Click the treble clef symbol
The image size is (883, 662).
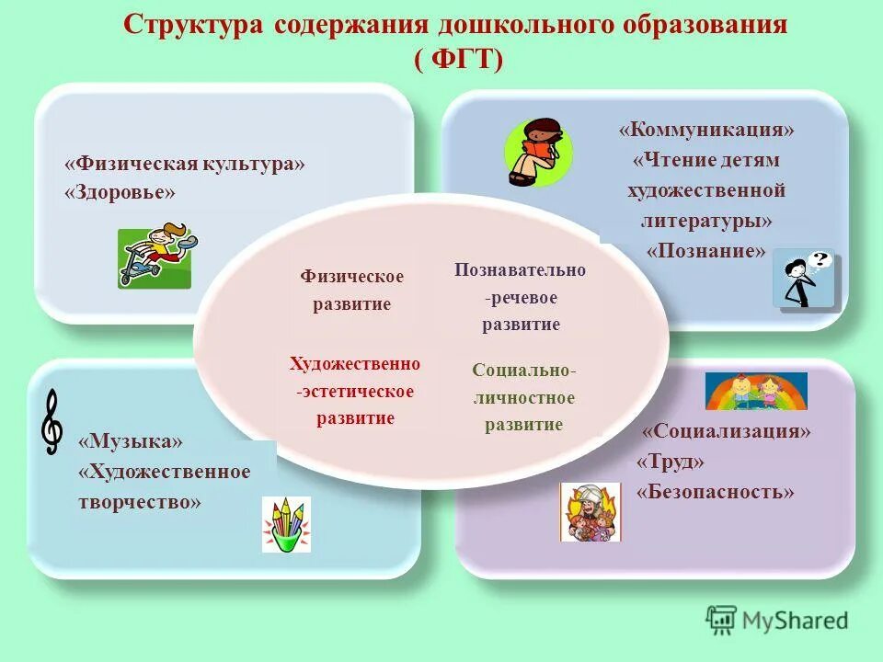click(53, 421)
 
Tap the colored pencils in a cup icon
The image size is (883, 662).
click(286, 524)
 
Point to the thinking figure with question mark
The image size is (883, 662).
click(804, 279)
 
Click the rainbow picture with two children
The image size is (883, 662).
click(755, 391)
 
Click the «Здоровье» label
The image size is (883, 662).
click(120, 192)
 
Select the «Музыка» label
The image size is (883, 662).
click(131, 442)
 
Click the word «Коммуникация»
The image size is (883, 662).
click(706, 130)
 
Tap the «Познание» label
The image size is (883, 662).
click(706, 251)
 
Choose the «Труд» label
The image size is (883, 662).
click(671, 462)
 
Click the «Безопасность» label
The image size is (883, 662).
click(715, 492)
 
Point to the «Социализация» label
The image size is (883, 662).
click(727, 431)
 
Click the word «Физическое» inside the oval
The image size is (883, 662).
click(351, 276)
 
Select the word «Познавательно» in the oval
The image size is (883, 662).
click(520, 269)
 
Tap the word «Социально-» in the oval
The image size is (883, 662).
click(524, 370)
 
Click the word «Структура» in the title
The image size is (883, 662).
click(192, 25)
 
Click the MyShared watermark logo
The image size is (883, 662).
click(777, 620)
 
